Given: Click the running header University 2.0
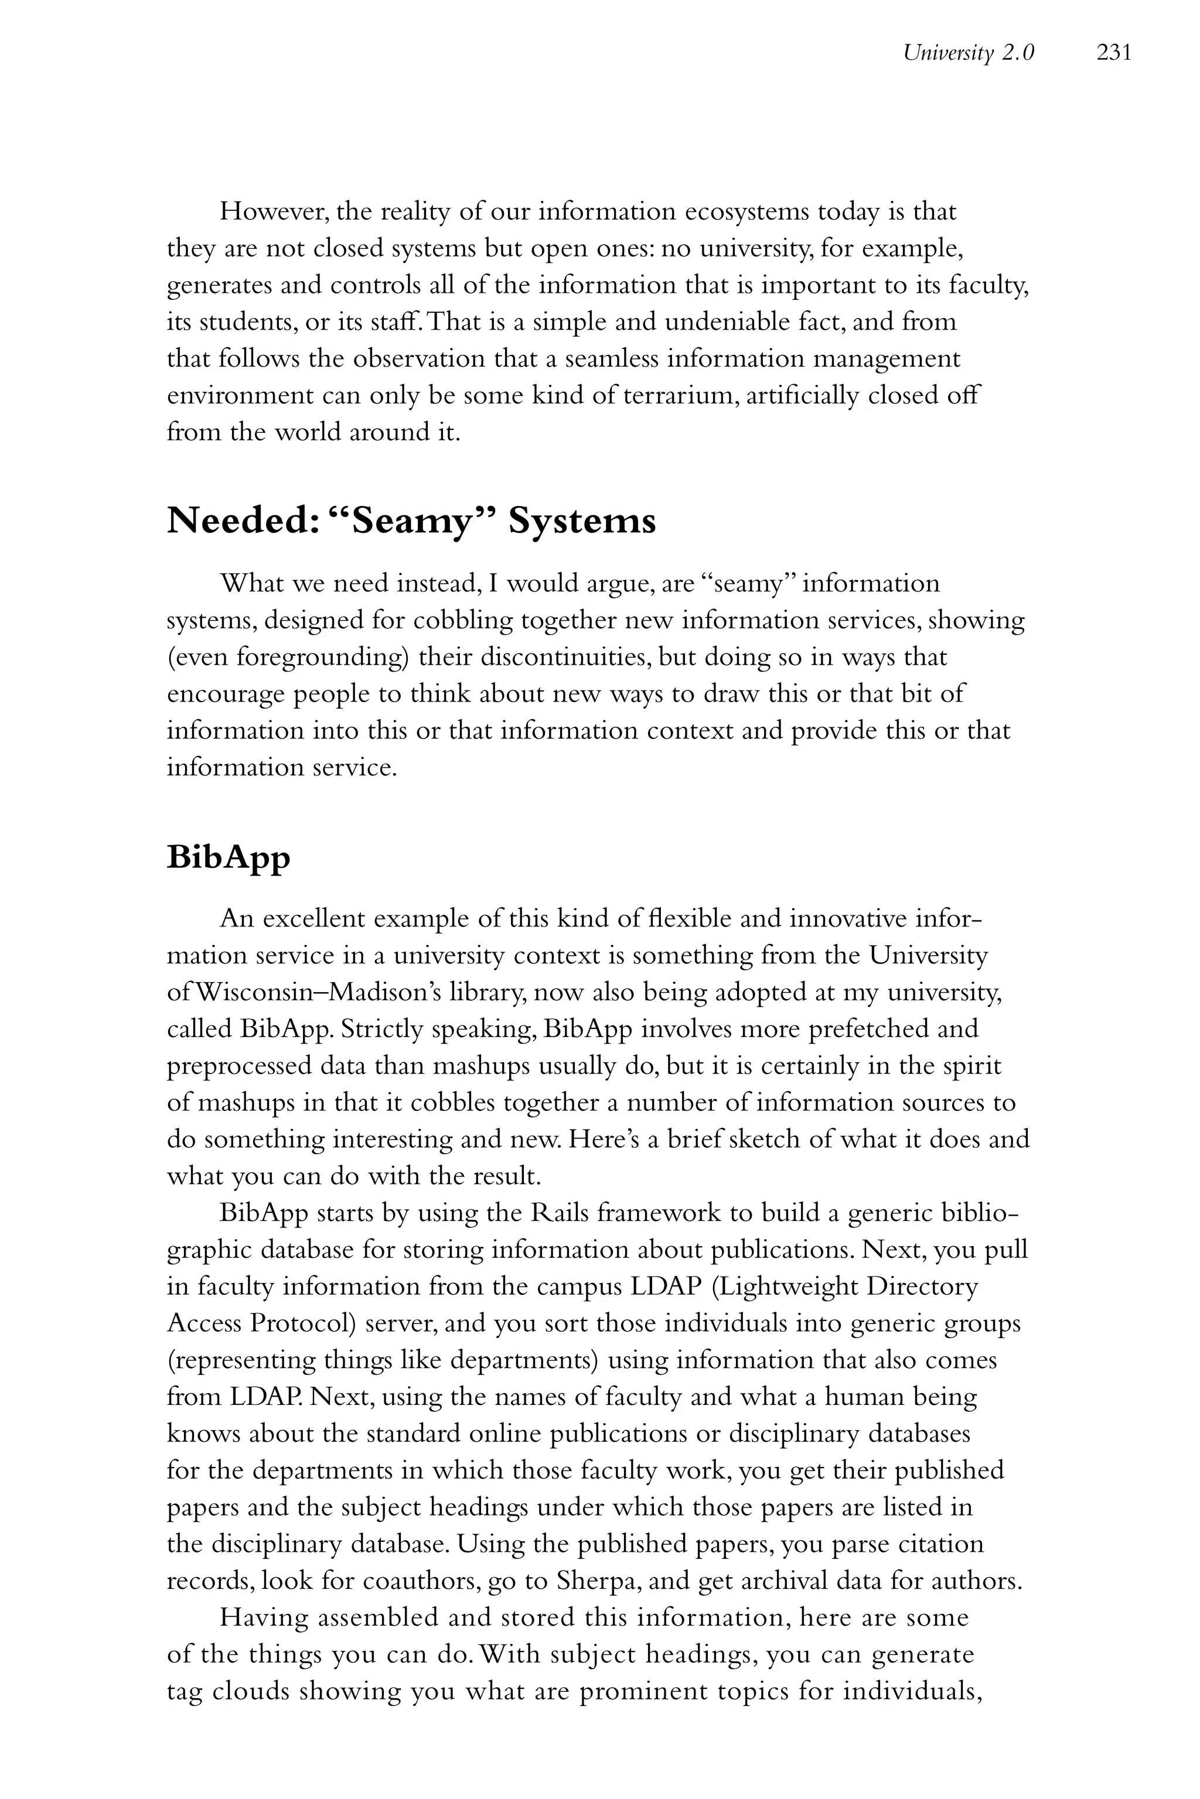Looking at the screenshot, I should pos(968,53).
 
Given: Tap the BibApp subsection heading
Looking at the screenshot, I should pos(229,857).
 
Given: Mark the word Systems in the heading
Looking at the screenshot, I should pos(582,522).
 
